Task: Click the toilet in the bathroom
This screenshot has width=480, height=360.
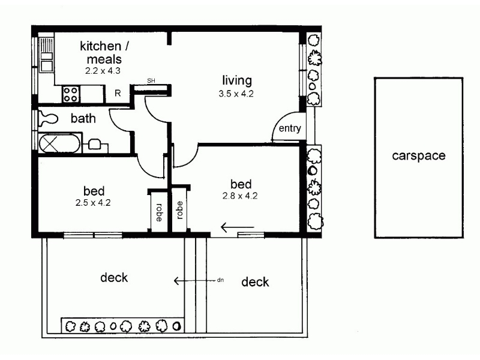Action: click(x=49, y=119)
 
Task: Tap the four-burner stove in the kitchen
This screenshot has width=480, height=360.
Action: click(x=71, y=94)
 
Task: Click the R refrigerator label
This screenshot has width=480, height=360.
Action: click(x=118, y=93)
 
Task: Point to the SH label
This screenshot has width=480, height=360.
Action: click(x=151, y=81)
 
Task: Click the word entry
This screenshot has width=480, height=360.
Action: click(x=290, y=128)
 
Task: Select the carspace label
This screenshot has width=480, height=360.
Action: click(x=418, y=156)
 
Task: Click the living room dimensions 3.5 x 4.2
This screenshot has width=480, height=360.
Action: click(x=236, y=94)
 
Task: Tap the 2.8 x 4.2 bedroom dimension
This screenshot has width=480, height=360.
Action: click(x=240, y=196)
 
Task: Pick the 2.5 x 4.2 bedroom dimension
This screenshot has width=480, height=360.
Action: click(x=93, y=203)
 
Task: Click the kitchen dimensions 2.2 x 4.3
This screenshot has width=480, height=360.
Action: click(x=103, y=71)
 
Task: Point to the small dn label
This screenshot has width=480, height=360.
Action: click(x=220, y=280)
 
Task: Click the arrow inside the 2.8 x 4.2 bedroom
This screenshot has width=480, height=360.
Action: click(x=238, y=227)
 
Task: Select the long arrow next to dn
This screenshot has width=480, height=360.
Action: click(x=194, y=281)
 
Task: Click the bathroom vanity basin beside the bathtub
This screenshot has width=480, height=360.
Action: click(x=95, y=144)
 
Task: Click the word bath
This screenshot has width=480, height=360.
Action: click(x=83, y=118)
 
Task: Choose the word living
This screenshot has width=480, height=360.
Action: click(x=237, y=80)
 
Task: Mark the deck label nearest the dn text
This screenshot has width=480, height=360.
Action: click(x=255, y=282)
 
